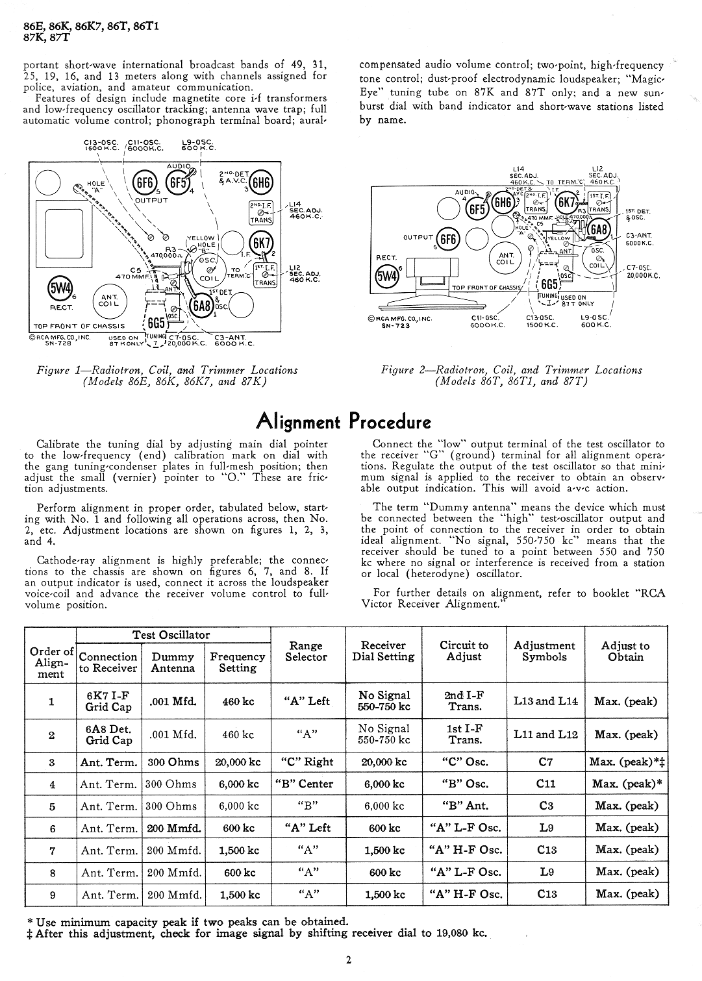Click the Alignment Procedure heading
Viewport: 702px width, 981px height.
(344, 421)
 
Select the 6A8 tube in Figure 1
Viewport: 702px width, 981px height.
(201, 305)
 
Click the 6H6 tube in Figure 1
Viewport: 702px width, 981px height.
(262, 182)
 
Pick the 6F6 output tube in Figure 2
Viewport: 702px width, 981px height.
(448, 240)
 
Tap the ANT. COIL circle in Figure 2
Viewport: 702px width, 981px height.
(505, 258)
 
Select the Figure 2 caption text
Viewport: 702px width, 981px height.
(511, 375)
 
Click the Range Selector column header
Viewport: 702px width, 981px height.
(306, 651)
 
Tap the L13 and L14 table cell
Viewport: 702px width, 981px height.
(545, 701)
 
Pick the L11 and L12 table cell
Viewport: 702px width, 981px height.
(545, 734)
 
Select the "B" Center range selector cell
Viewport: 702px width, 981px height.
(307, 784)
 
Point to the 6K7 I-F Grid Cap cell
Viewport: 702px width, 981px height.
(108, 701)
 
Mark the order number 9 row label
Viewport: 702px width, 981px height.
(52, 895)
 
